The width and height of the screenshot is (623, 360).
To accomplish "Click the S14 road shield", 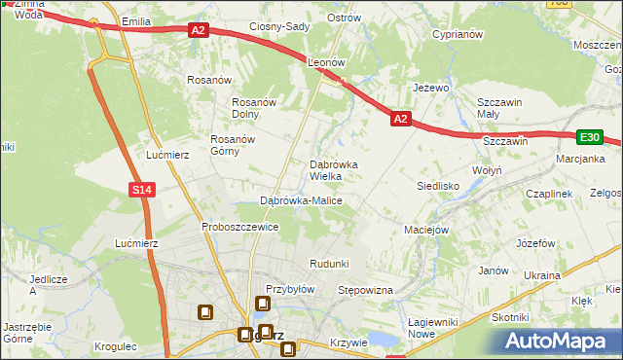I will point(142,190).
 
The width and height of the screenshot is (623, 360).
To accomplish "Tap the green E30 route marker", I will point(590,138).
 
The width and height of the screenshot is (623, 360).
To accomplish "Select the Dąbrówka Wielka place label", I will point(333,170).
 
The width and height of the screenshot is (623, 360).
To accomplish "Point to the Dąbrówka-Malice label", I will point(301,200).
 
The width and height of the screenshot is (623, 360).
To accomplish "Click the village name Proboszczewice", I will point(240,227).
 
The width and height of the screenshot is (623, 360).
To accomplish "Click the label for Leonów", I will point(326,61).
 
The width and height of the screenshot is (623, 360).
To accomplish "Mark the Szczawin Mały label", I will point(501,108).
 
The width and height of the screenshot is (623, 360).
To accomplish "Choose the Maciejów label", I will point(425,231).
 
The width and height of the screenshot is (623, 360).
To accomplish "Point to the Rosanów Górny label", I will point(233,145).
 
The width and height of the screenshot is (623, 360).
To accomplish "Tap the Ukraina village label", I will point(541,275).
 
